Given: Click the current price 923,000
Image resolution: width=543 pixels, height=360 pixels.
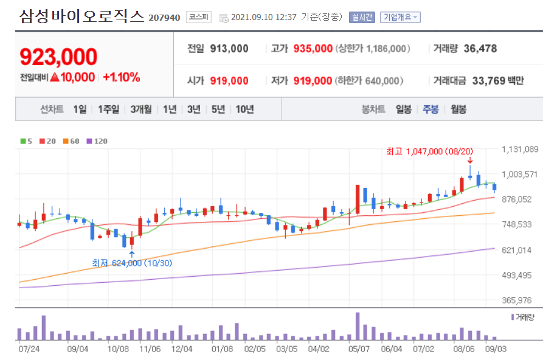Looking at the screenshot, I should click(x=59, y=57).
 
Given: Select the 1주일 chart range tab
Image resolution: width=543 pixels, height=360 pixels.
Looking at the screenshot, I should click(x=109, y=109).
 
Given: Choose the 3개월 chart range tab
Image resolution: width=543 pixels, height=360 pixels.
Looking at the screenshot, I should click(x=143, y=109).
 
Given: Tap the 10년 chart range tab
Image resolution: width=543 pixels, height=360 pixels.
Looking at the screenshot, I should click(x=244, y=109).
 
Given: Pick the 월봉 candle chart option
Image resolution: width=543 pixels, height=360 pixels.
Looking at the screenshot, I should click(x=458, y=109).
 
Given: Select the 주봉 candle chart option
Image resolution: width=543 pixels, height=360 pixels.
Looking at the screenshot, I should click(x=431, y=109).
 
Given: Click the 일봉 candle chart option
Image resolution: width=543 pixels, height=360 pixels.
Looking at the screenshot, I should click(x=404, y=109).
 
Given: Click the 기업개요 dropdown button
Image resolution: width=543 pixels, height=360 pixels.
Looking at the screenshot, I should click(x=400, y=17).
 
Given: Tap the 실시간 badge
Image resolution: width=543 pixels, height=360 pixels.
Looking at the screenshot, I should click(x=362, y=17).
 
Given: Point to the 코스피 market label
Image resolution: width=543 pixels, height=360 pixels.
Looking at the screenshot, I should click(x=198, y=17).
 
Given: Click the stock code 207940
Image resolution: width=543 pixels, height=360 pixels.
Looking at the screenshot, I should click(x=164, y=17).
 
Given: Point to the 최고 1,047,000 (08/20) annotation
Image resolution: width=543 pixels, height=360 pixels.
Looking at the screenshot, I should click(x=430, y=151).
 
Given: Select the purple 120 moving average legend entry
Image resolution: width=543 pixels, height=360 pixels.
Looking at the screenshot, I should click(x=97, y=141).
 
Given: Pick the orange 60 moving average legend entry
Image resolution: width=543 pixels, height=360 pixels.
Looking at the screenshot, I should click(x=71, y=141).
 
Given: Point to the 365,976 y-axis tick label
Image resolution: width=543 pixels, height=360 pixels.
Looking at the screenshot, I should click(x=517, y=300).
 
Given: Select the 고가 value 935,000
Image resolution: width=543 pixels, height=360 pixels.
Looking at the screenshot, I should click(x=313, y=49).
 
